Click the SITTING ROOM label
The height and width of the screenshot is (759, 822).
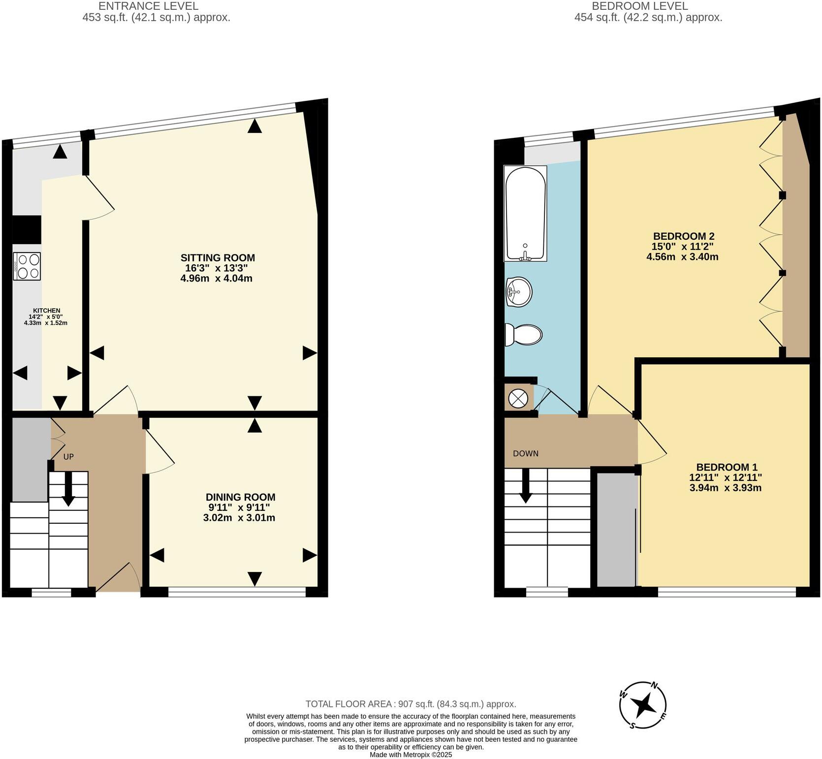pos(217,258)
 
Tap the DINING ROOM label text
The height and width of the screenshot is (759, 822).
pos(240,497)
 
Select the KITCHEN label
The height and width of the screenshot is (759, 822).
pos(47,311)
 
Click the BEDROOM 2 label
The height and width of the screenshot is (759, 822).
pos(683,236)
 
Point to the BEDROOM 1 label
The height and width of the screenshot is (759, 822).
pos(727,467)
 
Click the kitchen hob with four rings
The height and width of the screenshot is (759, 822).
pos(28,266)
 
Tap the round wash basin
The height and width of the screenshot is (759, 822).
pos(519,292)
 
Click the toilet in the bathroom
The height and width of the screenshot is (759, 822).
pos(524,335)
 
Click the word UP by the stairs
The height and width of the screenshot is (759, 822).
pos(68,457)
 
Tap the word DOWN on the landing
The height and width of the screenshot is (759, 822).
pos(526,453)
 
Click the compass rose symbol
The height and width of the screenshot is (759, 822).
pos(643,706)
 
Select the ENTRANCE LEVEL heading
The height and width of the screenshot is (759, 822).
pos(148,6)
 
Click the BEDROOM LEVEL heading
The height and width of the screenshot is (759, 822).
pos(639,6)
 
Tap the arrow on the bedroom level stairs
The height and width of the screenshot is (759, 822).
pos(526,486)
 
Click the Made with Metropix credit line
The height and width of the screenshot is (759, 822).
pos(411,755)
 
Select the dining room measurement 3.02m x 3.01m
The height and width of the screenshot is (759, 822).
pos(239,518)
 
